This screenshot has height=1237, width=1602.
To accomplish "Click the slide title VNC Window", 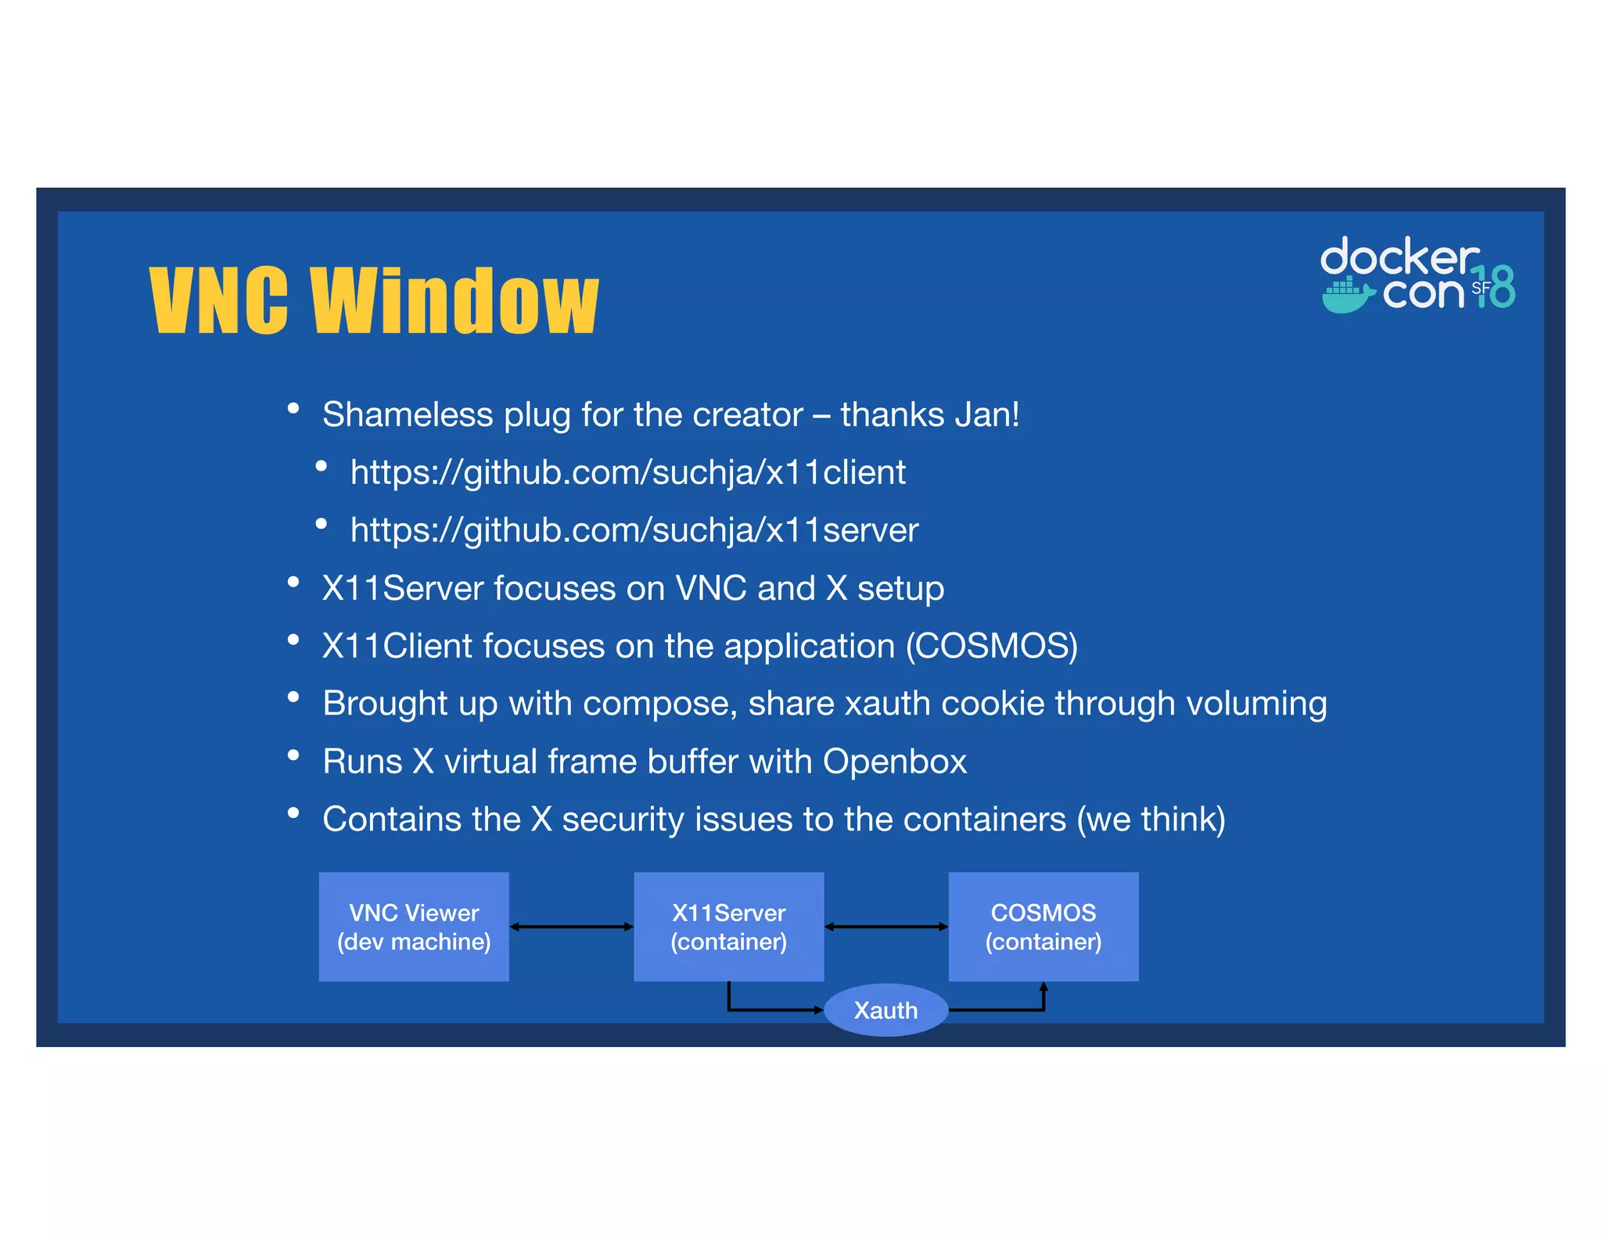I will (373, 300).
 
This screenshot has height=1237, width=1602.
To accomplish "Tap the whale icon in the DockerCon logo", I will (1347, 296).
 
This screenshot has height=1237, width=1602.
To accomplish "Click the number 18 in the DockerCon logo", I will (1496, 286).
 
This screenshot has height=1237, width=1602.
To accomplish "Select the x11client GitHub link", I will (627, 472).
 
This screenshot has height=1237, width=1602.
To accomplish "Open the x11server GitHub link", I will (634, 530).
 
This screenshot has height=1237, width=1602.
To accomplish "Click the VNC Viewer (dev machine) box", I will (414, 927).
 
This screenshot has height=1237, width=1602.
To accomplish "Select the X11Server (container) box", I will (728, 927).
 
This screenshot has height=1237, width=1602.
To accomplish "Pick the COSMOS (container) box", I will (1043, 927).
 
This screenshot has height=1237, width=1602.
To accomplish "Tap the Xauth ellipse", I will (885, 1010).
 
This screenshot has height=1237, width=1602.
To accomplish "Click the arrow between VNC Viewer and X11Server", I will (571, 927).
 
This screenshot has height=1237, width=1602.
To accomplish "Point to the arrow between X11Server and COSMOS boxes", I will (886, 927).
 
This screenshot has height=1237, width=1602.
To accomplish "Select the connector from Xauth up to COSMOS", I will (1009, 1009).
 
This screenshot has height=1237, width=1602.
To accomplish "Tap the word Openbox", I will (894, 762).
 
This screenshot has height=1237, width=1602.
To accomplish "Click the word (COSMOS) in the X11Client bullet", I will (991, 646).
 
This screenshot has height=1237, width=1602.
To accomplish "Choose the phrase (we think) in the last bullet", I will (1151, 819).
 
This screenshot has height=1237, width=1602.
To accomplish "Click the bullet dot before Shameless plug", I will (293, 408).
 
